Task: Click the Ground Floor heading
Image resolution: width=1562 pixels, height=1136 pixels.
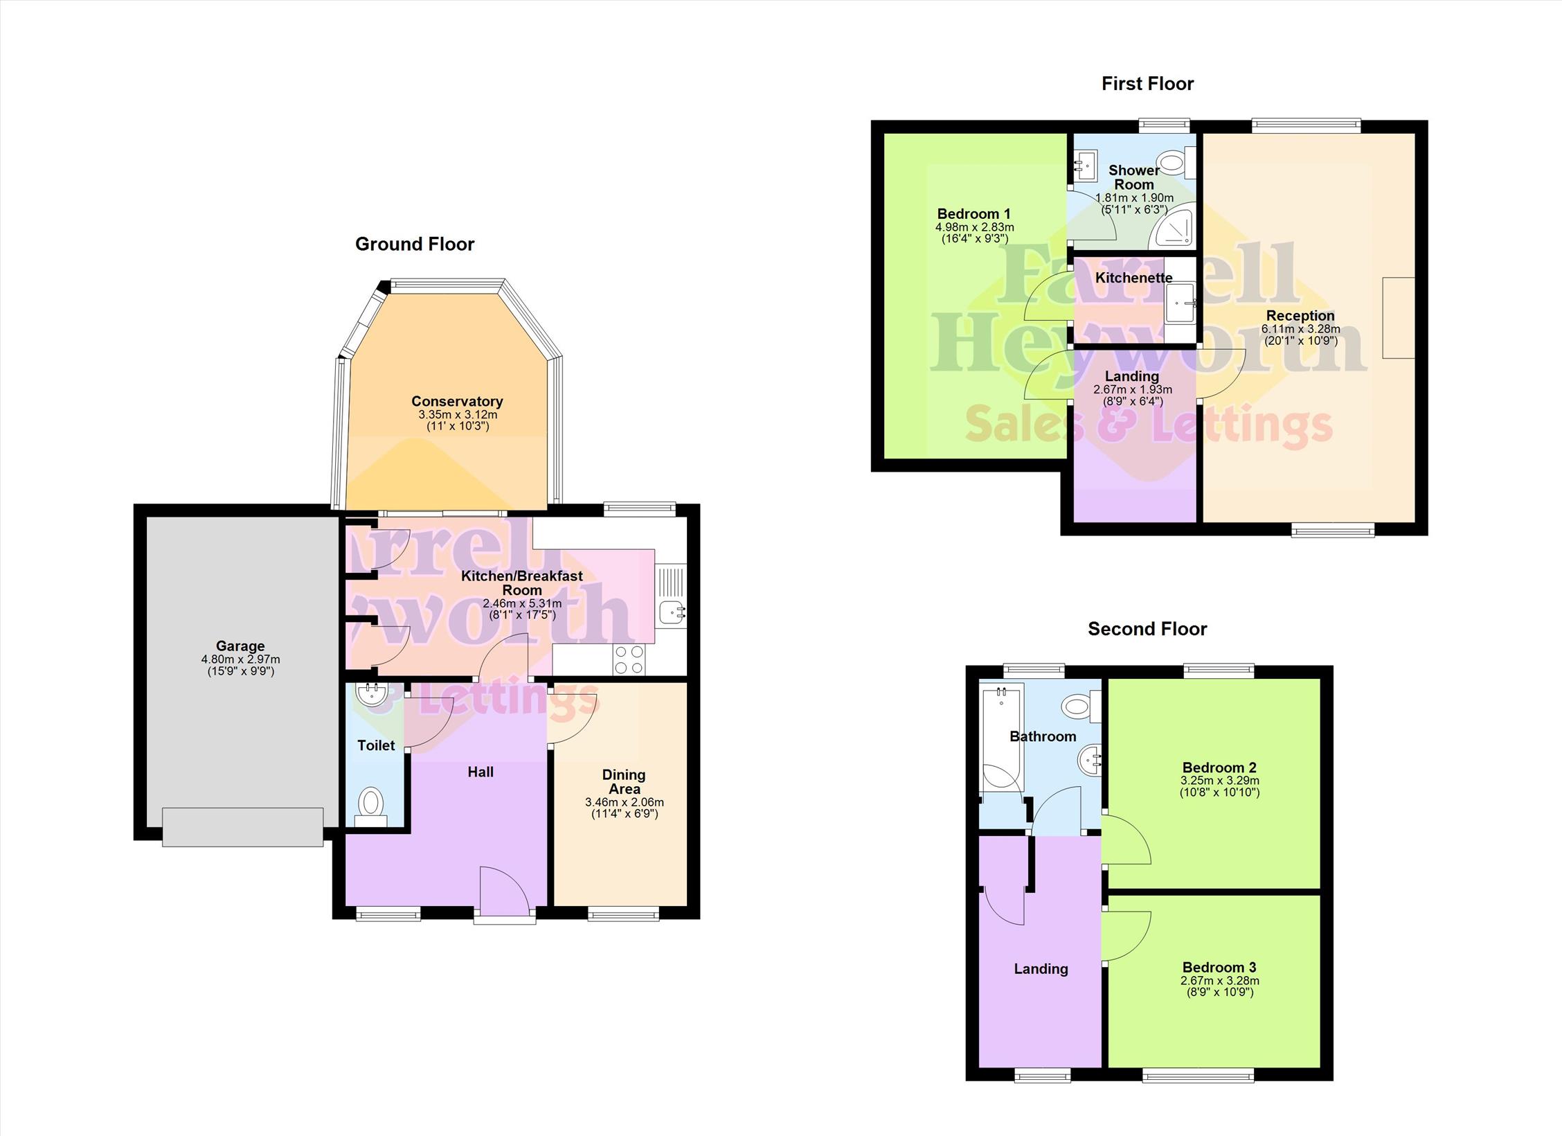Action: pyautogui.click(x=415, y=244)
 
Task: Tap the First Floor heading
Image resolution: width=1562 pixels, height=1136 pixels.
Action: pyautogui.click(x=1147, y=84)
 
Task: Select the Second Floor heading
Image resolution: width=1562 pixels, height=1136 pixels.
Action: pyautogui.click(x=1147, y=629)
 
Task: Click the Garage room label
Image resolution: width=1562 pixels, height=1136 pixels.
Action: pyautogui.click(x=240, y=646)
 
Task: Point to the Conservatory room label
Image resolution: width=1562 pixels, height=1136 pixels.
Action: pyautogui.click(x=457, y=402)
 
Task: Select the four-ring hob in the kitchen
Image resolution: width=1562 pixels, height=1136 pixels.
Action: pyautogui.click(x=629, y=659)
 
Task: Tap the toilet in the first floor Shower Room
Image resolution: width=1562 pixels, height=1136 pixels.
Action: pyautogui.click(x=1178, y=163)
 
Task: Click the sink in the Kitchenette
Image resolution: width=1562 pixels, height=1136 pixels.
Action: pyautogui.click(x=1181, y=303)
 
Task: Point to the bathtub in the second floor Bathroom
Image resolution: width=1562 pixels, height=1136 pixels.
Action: pyautogui.click(x=1001, y=738)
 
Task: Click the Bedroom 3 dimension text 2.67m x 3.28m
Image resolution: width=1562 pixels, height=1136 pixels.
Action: pyautogui.click(x=1219, y=981)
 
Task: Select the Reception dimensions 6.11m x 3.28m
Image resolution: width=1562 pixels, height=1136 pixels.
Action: pyautogui.click(x=1300, y=329)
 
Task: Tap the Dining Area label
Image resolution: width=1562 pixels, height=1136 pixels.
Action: pyautogui.click(x=624, y=782)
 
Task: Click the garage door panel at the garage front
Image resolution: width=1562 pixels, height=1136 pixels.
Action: pyautogui.click(x=243, y=826)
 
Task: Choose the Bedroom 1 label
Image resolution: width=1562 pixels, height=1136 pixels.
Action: pyautogui.click(x=973, y=214)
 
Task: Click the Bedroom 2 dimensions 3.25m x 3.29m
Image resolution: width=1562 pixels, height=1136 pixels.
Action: pyautogui.click(x=1219, y=781)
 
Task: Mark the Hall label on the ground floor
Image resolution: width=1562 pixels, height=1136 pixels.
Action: pyautogui.click(x=481, y=772)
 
